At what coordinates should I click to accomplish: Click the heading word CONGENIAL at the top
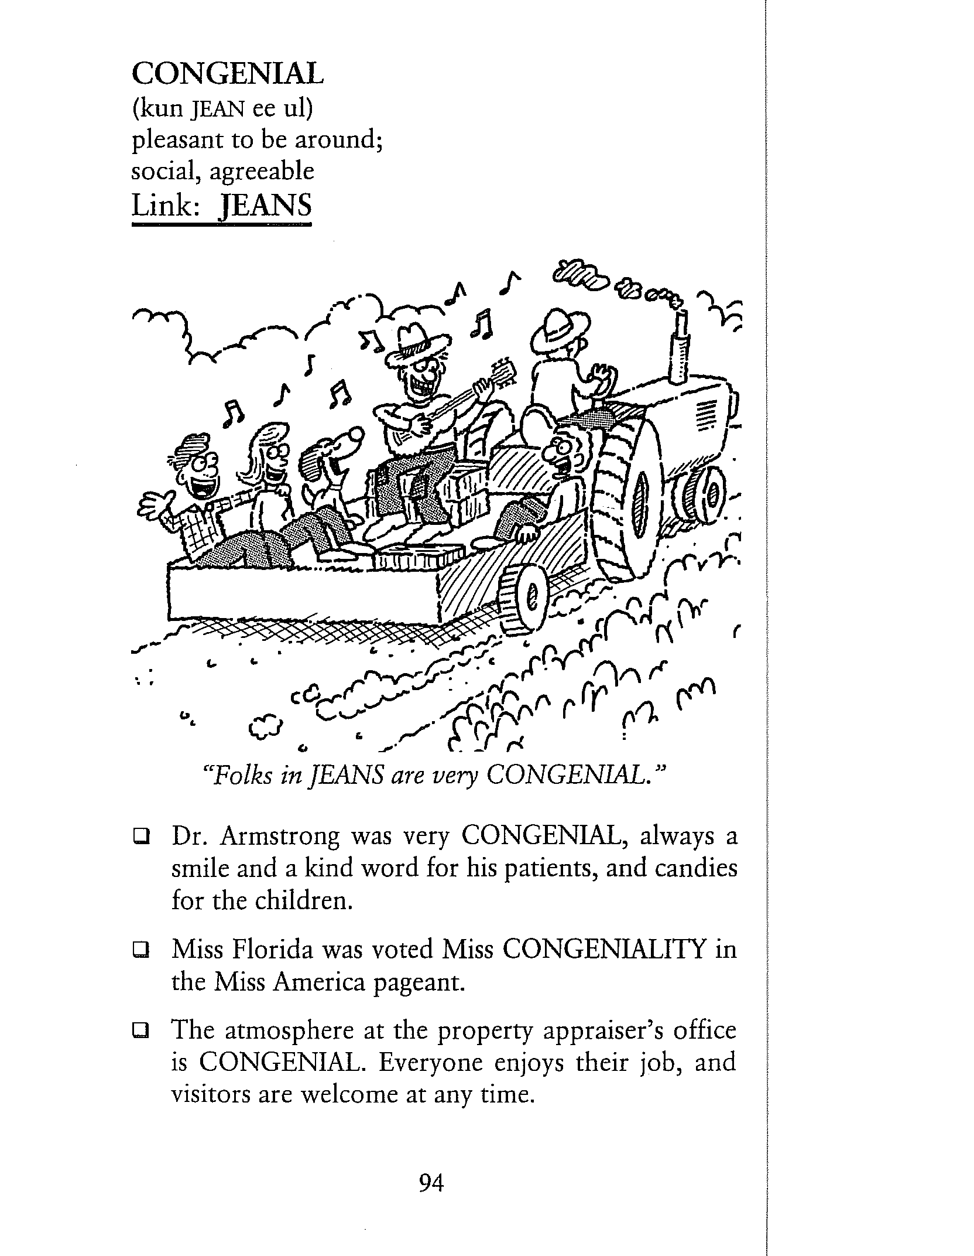(x=228, y=74)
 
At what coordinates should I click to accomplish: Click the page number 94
(x=431, y=1183)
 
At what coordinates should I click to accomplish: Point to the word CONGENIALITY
(x=603, y=950)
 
